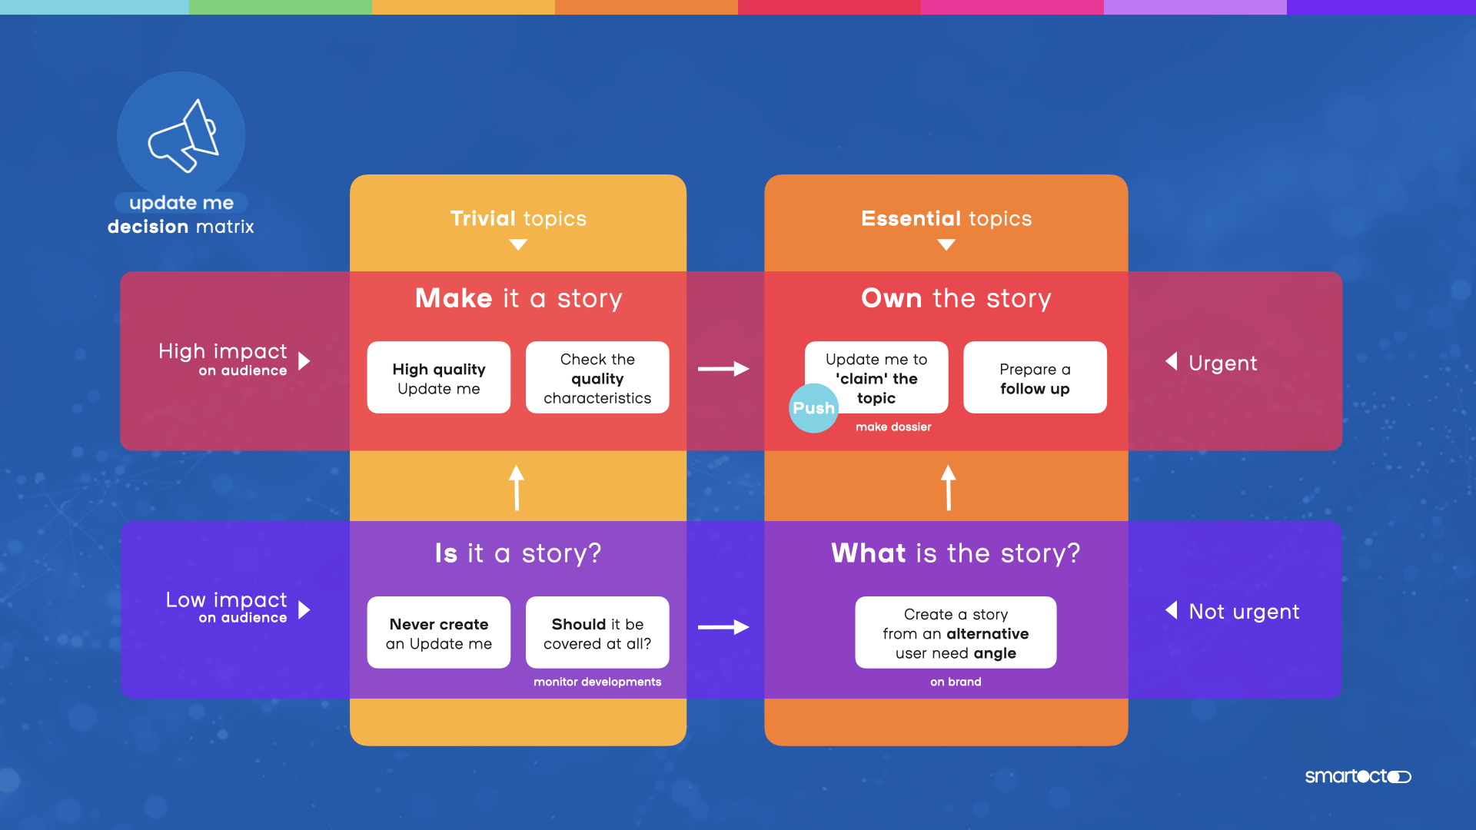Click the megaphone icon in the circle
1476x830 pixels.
point(183,136)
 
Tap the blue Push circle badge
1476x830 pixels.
point(813,408)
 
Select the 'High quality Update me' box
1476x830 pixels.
point(438,378)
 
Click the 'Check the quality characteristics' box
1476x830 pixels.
point(597,378)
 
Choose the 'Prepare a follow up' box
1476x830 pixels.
point(1035,378)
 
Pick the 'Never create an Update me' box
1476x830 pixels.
point(438,633)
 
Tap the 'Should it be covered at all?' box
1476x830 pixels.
point(597,633)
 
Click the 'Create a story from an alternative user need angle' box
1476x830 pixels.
point(956,633)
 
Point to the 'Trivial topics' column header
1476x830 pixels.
point(518,219)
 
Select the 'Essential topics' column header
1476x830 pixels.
point(946,219)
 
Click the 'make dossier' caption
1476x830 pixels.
point(893,427)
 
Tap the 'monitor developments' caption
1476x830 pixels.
point(597,682)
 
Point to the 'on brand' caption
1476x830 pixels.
point(956,682)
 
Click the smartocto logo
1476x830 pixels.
point(1358,776)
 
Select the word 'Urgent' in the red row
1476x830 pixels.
point(1222,364)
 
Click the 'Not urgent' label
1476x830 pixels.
point(1244,612)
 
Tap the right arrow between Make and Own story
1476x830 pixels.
point(723,369)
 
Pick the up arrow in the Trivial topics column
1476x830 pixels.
point(517,487)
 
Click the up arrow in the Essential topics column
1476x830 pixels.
point(949,487)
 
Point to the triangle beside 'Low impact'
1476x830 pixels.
point(304,610)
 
